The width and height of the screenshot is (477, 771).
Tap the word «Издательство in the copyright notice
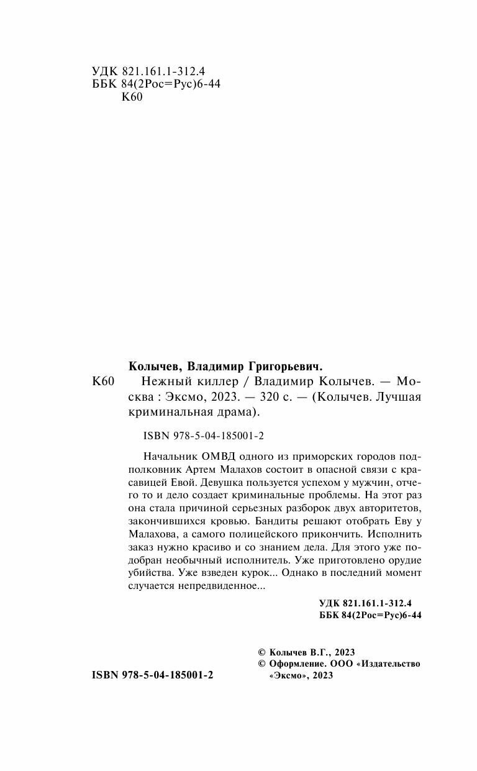[x=389, y=664]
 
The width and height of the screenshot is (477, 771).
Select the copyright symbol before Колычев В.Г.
[x=261, y=652]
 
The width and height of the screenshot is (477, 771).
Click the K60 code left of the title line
[x=99, y=381]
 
